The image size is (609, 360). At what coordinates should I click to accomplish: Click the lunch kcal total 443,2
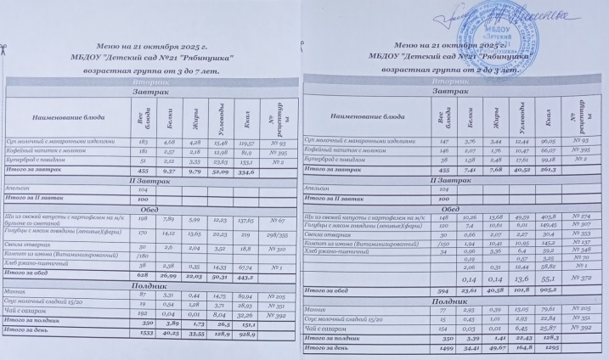tap(245, 251)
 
